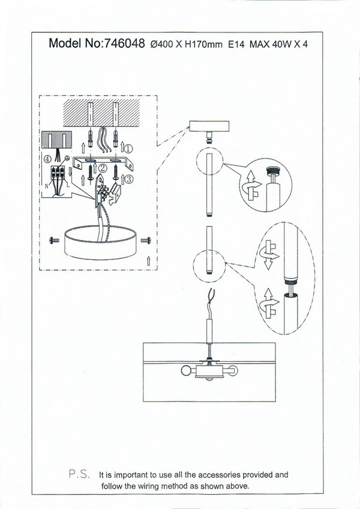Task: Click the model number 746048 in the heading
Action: [124, 43]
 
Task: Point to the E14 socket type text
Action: [236, 44]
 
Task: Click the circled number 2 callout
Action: [102, 169]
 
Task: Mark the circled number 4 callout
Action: [47, 159]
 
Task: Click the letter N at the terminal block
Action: [46, 186]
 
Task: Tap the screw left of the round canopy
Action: [52, 240]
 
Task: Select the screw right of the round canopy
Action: [145, 240]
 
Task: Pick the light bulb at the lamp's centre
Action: [208, 378]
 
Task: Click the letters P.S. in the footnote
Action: [80, 474]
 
